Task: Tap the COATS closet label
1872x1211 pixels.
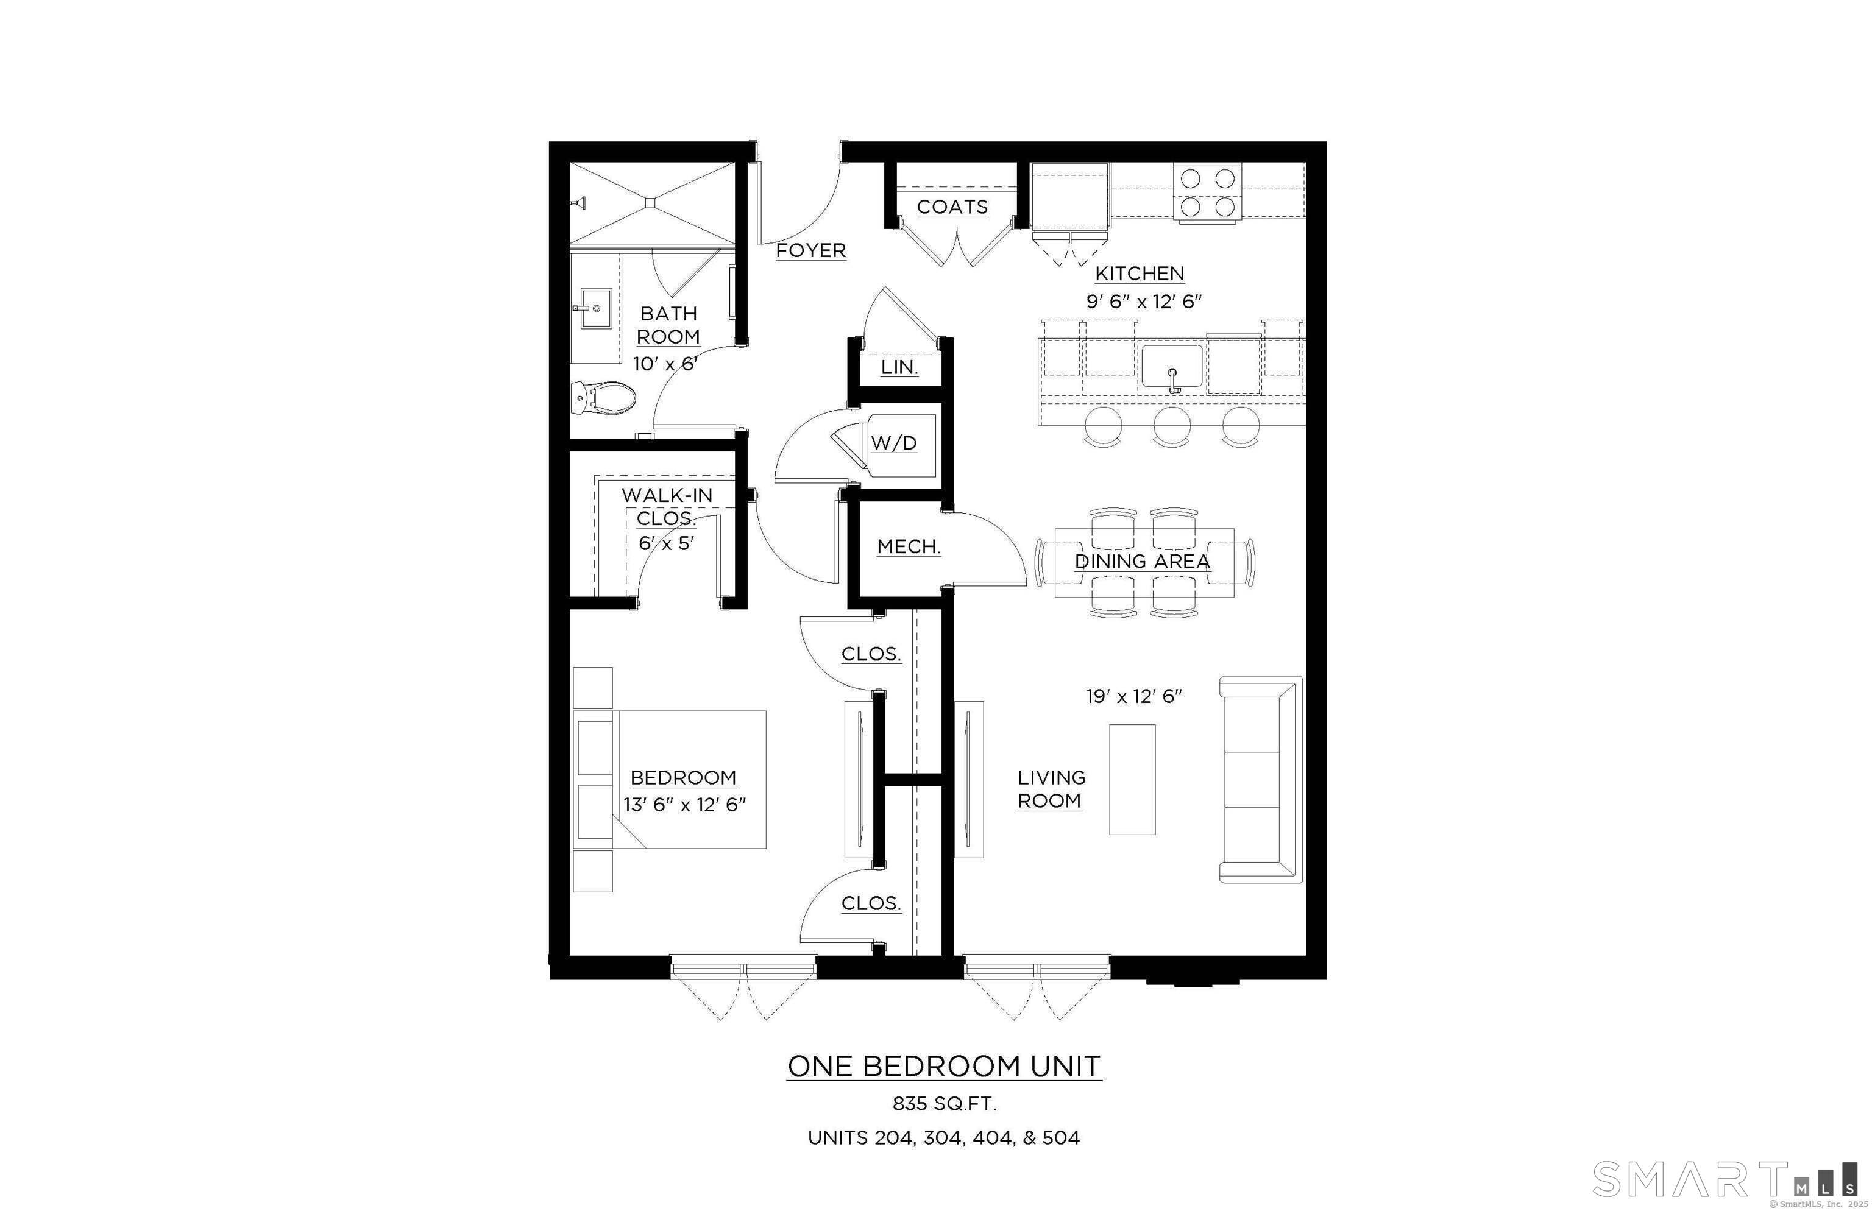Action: (x=952, y=207)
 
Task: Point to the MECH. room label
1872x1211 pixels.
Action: (x=909, y=546)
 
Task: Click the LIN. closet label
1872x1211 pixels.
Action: (x=899, y=367)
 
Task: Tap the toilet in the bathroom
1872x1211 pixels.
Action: (x=604, y=398)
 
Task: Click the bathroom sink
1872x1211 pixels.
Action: (x=592, y=308)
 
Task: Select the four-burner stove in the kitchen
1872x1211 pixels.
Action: (x=1207, y=192)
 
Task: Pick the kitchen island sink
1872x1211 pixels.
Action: (x=1172, y=367)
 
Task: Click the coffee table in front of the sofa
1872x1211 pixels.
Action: (x=1132, y=779)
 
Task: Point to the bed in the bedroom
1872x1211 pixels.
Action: (x=676, y=779)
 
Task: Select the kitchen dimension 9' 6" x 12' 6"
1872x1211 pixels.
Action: (x=1144, y=301)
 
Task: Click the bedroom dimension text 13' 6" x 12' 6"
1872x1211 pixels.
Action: (x=684, y=805)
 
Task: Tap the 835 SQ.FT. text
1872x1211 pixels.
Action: (x=944, y=1103)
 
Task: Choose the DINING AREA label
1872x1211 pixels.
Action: (x=1142, y=562)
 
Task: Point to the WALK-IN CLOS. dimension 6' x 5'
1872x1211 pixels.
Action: (x=666, y=543)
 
